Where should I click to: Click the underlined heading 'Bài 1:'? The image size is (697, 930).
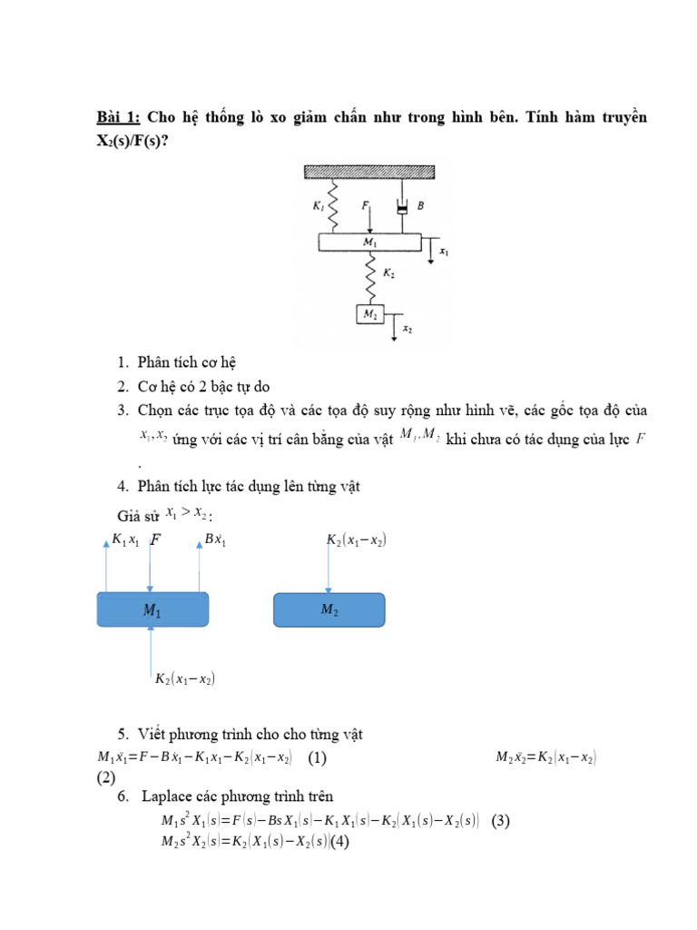point(119,118)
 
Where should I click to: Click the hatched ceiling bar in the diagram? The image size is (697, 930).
point(375,170)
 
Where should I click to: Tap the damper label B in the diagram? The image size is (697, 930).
point(420,207)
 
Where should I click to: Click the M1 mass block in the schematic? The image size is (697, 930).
point(369,242)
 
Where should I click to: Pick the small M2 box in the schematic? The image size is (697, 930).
point(369,313)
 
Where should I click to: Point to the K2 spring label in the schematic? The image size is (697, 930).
point(388,272)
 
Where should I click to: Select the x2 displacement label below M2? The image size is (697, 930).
point(407,331)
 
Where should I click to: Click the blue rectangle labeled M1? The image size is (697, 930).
point(152,610)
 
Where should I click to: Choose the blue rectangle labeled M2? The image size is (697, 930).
point(329,610)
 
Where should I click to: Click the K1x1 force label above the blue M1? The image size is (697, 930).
point(125,540)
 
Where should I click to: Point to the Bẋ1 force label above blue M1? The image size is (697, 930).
point(214,540)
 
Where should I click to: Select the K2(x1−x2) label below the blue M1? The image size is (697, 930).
point(185,678)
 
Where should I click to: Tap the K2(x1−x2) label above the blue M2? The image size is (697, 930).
point(357,540)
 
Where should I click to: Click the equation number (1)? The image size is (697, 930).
point(318,757)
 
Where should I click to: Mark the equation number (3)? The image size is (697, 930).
point(501,821)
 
